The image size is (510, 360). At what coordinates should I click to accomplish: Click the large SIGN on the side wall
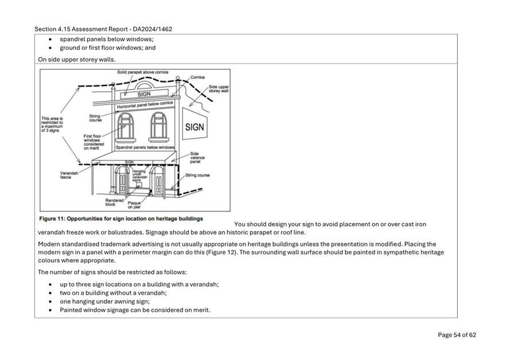coord(194,127)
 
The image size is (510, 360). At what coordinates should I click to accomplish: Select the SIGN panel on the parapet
coord(144,94)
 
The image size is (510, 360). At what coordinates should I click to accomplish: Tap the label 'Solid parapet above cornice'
coord(142,72)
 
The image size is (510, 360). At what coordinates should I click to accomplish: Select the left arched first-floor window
coord(124,126)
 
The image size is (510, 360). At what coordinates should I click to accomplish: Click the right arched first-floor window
coord(158,126)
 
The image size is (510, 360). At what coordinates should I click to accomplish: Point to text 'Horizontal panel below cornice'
coord(144,105)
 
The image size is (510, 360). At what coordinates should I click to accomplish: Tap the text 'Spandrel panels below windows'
coord(145,147)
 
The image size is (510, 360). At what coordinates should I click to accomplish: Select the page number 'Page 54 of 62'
coord(457,335)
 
